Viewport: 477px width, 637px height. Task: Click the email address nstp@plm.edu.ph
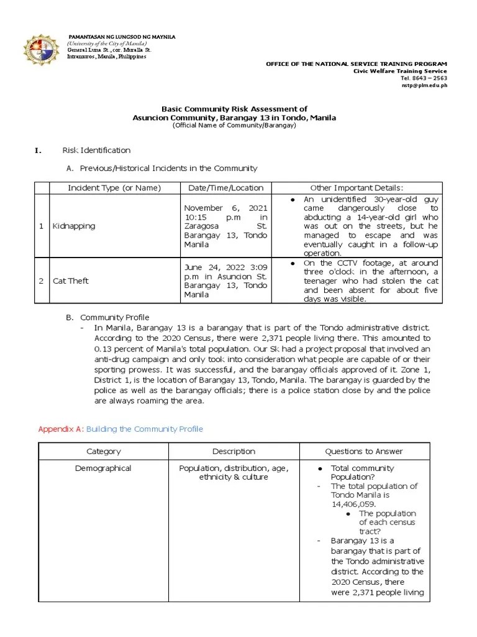tap(424, 86)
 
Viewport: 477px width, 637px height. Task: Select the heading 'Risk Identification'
tap(96, 150)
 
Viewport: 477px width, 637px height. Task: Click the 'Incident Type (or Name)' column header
tap(114, 188)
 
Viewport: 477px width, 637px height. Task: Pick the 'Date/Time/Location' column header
tap(225, 188)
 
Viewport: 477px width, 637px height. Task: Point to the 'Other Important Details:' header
tap(357, 188)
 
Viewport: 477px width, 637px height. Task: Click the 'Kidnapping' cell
tap(74, 226)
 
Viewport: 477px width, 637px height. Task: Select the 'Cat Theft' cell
tap(71, 281)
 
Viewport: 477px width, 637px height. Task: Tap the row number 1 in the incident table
tap(41, 226)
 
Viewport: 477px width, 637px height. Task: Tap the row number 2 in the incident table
tap(41, 281)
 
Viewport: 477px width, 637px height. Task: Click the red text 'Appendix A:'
tap(61, 429)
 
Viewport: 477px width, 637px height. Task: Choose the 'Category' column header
tap(104, 452)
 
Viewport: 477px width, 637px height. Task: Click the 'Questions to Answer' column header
tap(363, 452)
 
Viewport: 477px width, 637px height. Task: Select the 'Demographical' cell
tap(104, 468)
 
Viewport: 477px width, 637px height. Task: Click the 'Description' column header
tap(234, 452)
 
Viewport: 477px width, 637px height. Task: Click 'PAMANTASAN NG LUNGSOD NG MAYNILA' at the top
tap(122, 37)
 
